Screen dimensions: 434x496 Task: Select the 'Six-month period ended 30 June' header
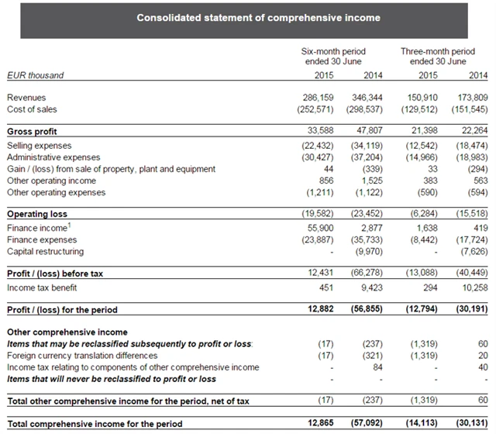[x=333, y=57]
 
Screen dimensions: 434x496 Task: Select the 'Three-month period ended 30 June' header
[x=438, y=57]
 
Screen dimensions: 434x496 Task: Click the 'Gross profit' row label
[x=32, y=132]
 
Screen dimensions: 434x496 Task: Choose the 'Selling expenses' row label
[x=39, y=145]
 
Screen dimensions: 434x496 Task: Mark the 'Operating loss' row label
[x=37, y=214]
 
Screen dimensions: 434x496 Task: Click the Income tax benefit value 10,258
[x=473, y=288]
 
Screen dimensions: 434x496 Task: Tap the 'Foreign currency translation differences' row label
[x=83, y=356]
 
